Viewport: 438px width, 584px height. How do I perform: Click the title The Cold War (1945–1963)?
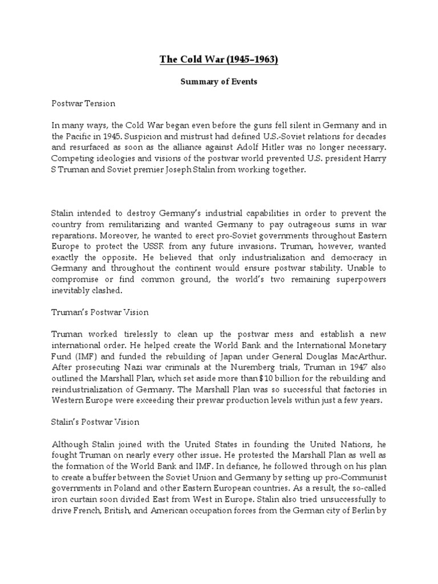pos(219,60)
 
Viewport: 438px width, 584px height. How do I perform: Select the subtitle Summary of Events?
pos(219,82)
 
